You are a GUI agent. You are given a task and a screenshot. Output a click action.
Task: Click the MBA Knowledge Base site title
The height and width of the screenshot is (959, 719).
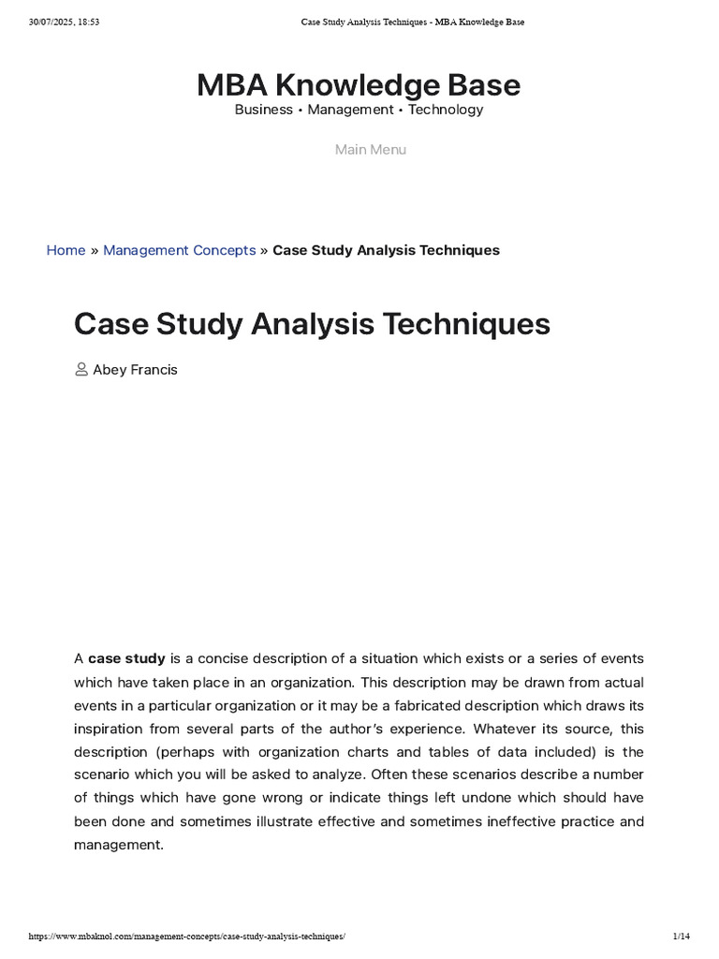click(359, 85)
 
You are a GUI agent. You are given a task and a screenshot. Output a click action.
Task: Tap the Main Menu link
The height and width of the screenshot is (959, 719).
click(371, 150)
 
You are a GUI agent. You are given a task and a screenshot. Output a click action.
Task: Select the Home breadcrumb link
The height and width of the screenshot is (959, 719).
click(66, 250)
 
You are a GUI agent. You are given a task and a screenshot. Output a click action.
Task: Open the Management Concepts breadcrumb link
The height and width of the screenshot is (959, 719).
click(179, 250)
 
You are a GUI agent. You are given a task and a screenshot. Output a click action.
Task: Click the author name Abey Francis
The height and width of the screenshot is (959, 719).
click(135, 370)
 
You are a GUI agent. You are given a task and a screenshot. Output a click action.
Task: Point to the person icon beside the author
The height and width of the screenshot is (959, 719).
click(81, 370)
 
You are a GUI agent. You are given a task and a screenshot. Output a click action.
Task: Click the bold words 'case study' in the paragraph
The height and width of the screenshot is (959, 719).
click(126, 658)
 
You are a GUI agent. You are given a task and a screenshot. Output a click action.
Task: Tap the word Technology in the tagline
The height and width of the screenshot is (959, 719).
click(446, 110)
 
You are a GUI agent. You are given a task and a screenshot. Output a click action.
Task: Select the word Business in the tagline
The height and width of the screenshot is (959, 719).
click(263, 110)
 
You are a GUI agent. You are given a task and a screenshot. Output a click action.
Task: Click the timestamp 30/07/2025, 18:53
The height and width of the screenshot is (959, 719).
click(64, 22)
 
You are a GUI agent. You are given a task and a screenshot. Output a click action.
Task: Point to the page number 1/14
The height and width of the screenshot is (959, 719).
click(681, 937)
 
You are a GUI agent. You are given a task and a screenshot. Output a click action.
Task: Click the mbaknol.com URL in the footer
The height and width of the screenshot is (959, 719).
click(187, 937)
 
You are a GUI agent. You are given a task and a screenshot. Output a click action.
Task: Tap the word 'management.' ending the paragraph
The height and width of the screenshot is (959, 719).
click(119, 845)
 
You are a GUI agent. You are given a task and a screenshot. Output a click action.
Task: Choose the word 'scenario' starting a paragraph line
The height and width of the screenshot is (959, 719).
click(103, 775)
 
